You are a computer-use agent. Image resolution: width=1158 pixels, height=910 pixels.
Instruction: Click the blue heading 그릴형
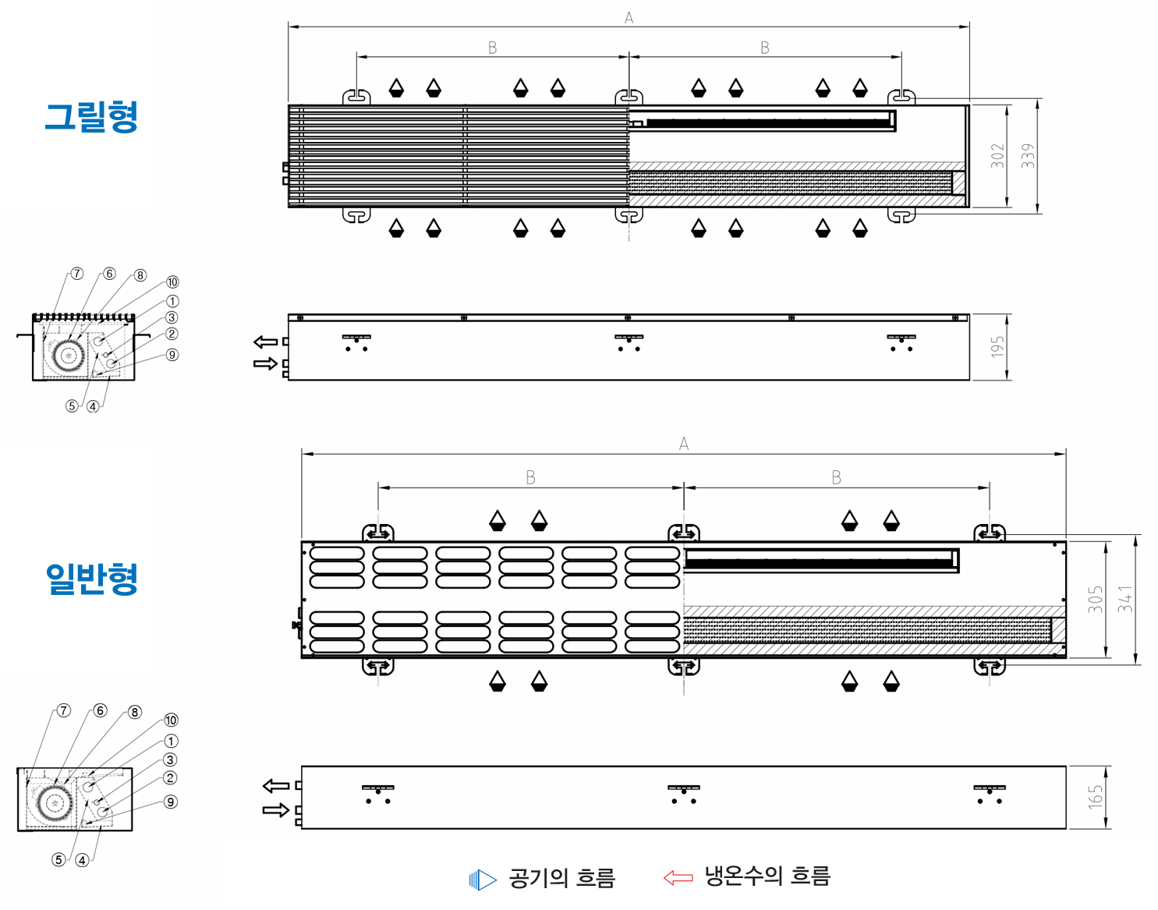tap(92, 117)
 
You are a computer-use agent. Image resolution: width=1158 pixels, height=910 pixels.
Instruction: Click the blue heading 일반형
tap(92, 579)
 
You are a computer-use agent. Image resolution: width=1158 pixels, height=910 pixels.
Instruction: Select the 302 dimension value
tap(997, 156)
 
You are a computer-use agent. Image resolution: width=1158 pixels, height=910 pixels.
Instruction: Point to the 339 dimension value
tap(1028, 156)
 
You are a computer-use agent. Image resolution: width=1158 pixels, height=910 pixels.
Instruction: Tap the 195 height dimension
tap(997, 347)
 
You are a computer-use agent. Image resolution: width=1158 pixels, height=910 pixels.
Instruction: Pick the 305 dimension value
tap(1095, 600)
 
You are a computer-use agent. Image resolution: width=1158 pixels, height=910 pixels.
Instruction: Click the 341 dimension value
tap(1125, 600)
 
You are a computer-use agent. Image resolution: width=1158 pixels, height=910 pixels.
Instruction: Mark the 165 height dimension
tap(1095, 797)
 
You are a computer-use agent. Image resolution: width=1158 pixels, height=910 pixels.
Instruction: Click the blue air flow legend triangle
tap(483, 880)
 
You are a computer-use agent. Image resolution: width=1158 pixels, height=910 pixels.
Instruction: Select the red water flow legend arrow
tap(678, 877)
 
